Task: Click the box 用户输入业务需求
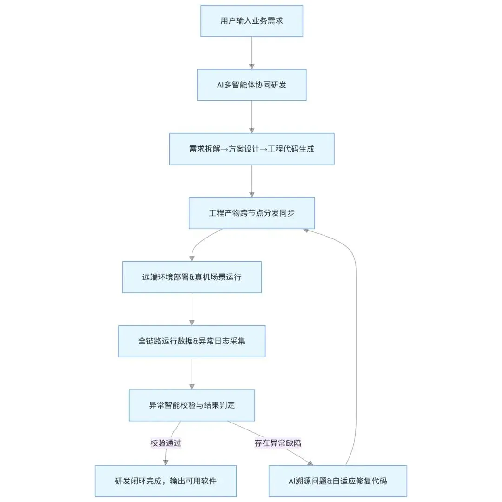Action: coord(251,21)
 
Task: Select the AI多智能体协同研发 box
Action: coord(251,85)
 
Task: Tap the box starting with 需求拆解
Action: coord(251,149)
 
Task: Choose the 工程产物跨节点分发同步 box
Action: coord(251,213)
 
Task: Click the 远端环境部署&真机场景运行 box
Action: coord(192,277)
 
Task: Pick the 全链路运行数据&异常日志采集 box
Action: coord(192,341)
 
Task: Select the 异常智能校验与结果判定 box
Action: coord(192,405)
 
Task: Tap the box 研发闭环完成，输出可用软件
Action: coord(165,481)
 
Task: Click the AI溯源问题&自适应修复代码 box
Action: coord(338,481)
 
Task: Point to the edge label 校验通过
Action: coord(165,443)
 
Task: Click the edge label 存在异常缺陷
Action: coord(278,443)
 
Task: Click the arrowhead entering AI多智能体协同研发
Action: coord(251,66)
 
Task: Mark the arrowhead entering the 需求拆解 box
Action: coord(251,131)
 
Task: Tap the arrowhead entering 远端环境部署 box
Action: coord(192,259)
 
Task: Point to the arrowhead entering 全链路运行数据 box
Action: coord(192,323)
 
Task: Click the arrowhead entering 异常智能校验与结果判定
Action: coord(192,387)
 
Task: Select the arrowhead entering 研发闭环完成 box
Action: coord(165,462)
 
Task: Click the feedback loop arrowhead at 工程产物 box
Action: coord(305,231)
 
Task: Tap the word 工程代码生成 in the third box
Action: coord(291,149)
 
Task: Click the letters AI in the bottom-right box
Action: coord(291,481)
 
